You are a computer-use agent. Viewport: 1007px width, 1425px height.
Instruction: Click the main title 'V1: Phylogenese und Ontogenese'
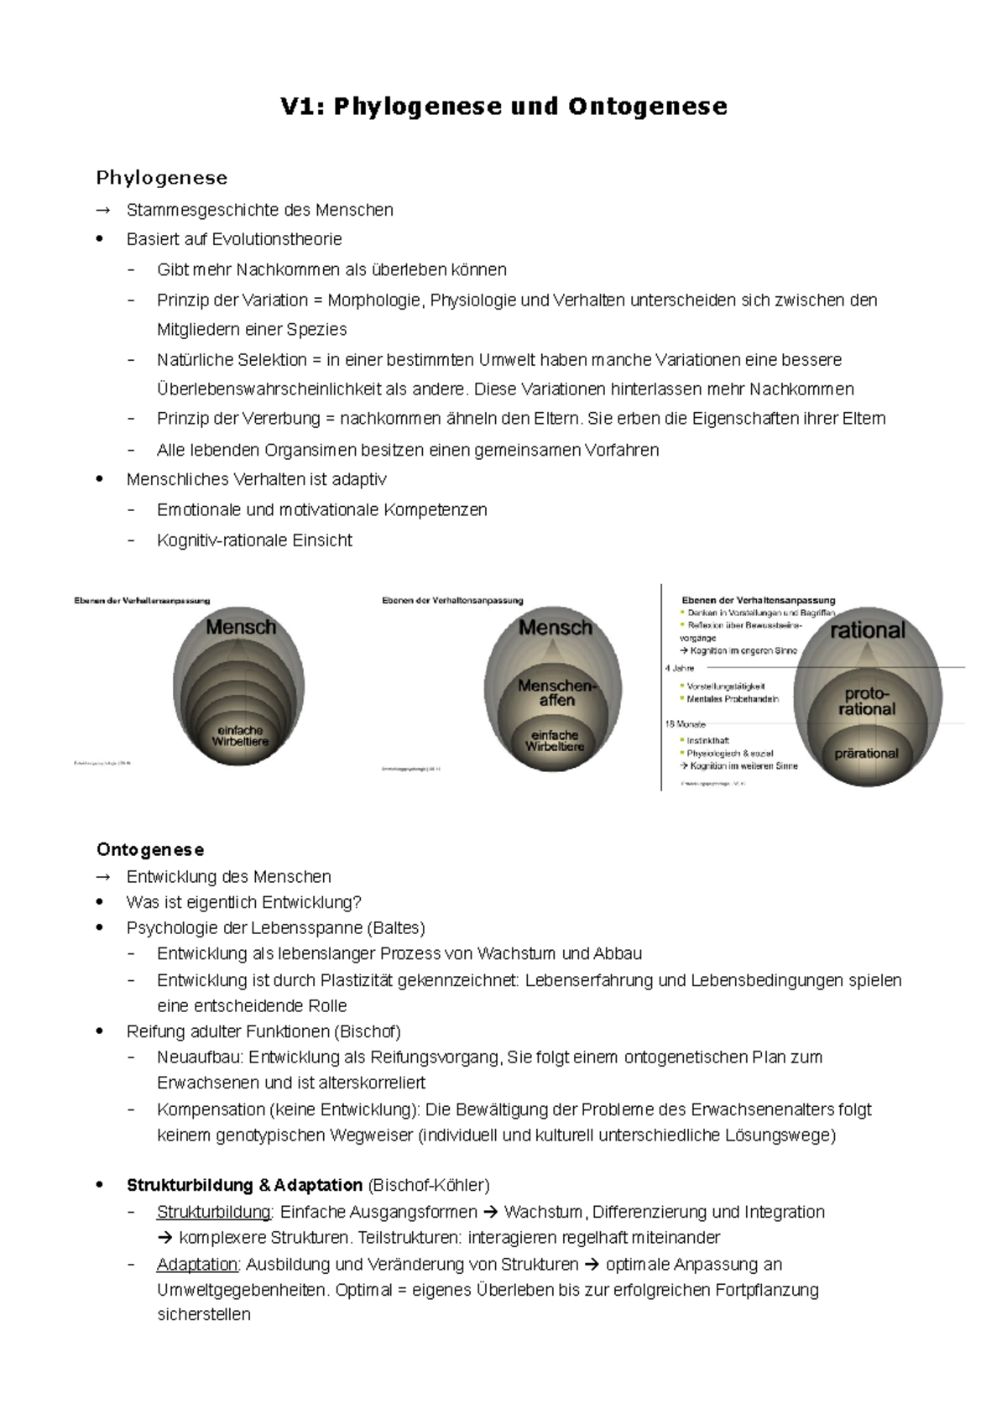[503, 107]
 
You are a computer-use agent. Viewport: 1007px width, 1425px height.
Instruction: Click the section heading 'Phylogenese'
[162, 178]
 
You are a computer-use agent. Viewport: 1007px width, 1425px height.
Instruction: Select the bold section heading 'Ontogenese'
[150, 849]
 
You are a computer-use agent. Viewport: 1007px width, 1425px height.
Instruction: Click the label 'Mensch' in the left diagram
[241, 627]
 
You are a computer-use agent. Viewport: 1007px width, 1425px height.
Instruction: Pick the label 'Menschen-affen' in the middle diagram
[556, 692]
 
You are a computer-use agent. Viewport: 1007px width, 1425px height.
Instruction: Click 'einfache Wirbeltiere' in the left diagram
[240, 736]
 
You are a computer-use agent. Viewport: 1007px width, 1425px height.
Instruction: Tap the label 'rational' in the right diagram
[868, 630]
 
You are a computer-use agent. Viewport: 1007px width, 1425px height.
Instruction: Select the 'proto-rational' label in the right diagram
[867, 702]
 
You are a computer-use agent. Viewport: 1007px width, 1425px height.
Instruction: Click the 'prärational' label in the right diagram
[866, 754]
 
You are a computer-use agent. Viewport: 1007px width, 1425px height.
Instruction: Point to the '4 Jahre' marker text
[680, 669]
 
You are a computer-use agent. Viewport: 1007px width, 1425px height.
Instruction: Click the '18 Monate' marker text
[685, 723]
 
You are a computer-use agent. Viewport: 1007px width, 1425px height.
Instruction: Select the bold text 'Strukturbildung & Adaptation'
[244, 1186]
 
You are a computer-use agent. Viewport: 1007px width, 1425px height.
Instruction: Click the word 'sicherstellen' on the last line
[204, 1315]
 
